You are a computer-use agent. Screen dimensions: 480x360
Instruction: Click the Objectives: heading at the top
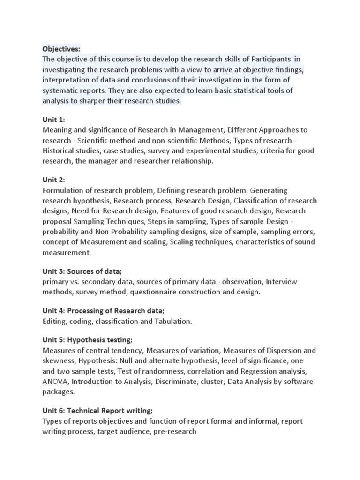point(61,49)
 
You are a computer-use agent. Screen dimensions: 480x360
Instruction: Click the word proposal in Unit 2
point(57,221)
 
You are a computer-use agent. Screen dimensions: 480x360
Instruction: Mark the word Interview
point(281,282)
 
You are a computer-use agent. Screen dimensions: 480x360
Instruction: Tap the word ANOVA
point(55,382)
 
